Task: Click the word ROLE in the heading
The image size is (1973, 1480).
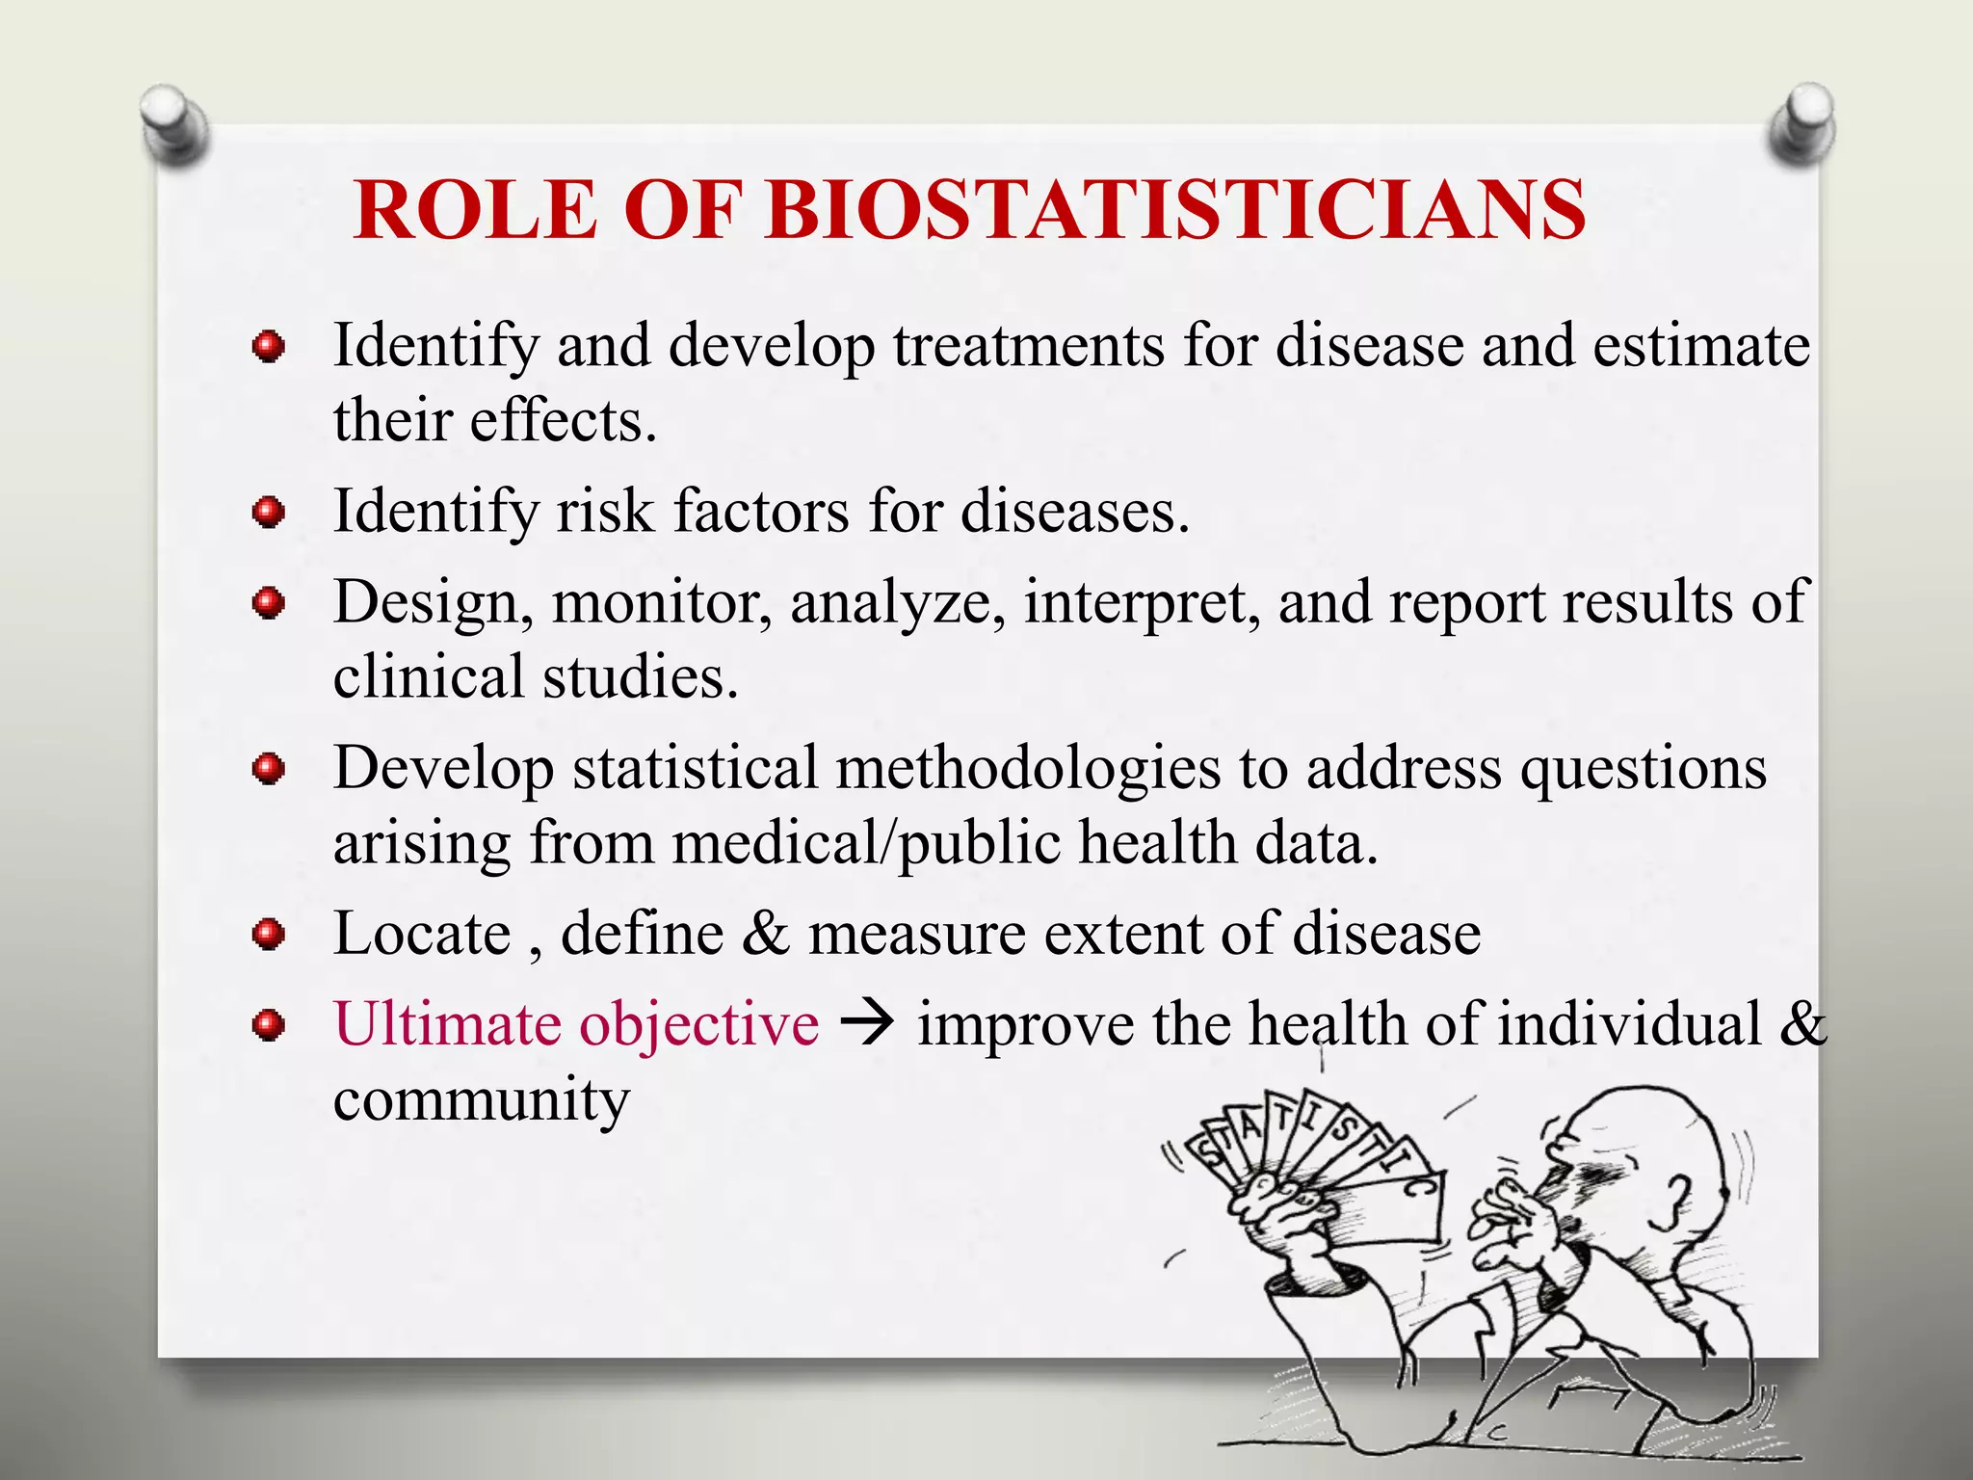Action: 476,210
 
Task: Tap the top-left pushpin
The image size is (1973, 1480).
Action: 173,122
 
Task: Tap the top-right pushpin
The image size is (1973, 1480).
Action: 1802,122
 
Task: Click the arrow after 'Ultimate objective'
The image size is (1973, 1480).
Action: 868,1024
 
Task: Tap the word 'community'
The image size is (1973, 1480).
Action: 481,1100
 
